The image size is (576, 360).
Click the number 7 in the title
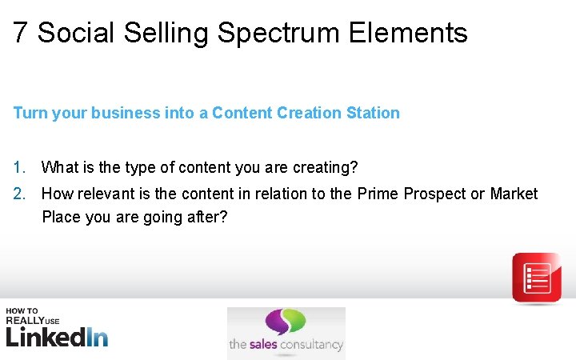click(x=21, y=34)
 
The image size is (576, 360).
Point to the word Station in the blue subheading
click(x=373, y=113)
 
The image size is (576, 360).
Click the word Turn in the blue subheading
click(x=30, y=113)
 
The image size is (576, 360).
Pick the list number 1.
click(x=19, y=168)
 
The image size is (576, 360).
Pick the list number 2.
click(x=19, y=194)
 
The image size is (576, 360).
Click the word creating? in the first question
click(x=325, y=168)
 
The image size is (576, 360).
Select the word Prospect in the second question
click(x=437, y=194)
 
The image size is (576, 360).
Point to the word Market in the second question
click(x=514, y=194)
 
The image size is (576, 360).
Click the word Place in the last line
click(x=59, y=217)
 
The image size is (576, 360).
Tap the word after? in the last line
click(x=210, y=217)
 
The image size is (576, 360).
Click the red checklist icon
click(x=536, y=278)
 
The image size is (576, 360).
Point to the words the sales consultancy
click(x=286, y=346)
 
